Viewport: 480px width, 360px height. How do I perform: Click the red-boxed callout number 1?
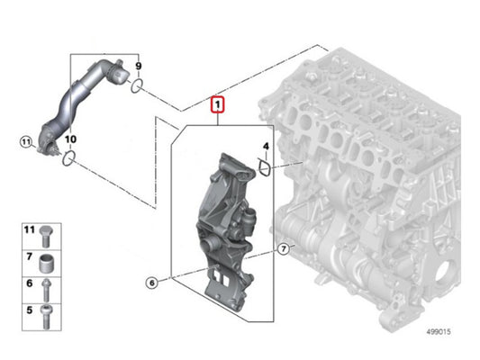click(x=217, y=105)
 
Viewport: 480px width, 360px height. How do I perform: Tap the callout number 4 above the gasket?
click(x=266, y=146)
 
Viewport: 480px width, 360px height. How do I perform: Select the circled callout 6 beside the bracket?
click(x=152, y=283)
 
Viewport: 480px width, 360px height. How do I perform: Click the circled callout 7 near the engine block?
click(x=284, y=249)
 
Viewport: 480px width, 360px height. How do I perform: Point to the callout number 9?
click(x=139, y=66)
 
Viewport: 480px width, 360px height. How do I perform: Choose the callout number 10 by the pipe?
click(x=70, y=139)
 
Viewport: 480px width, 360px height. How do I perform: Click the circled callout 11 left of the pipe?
click(x=26, y=142)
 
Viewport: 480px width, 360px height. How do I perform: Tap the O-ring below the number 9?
click(x=137, y=85)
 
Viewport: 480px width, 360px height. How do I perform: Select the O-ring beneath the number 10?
click(x=68, y=158)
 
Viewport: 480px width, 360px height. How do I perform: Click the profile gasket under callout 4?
click(x=264, y=167)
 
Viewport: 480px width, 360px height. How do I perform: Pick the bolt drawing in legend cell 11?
click(x=46, y=236)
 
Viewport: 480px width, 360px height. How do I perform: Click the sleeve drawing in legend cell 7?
click(x=46, y=264)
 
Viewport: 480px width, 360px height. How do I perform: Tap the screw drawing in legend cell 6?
click(x=46, y=289)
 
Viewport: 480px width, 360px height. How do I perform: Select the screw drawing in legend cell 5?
click(x=46, y=317)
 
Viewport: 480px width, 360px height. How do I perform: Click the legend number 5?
click(x=30, y=310)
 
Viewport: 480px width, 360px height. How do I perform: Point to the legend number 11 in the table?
click(x=30, y=229)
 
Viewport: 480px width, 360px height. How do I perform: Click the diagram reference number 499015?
click(x=439, y=331)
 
